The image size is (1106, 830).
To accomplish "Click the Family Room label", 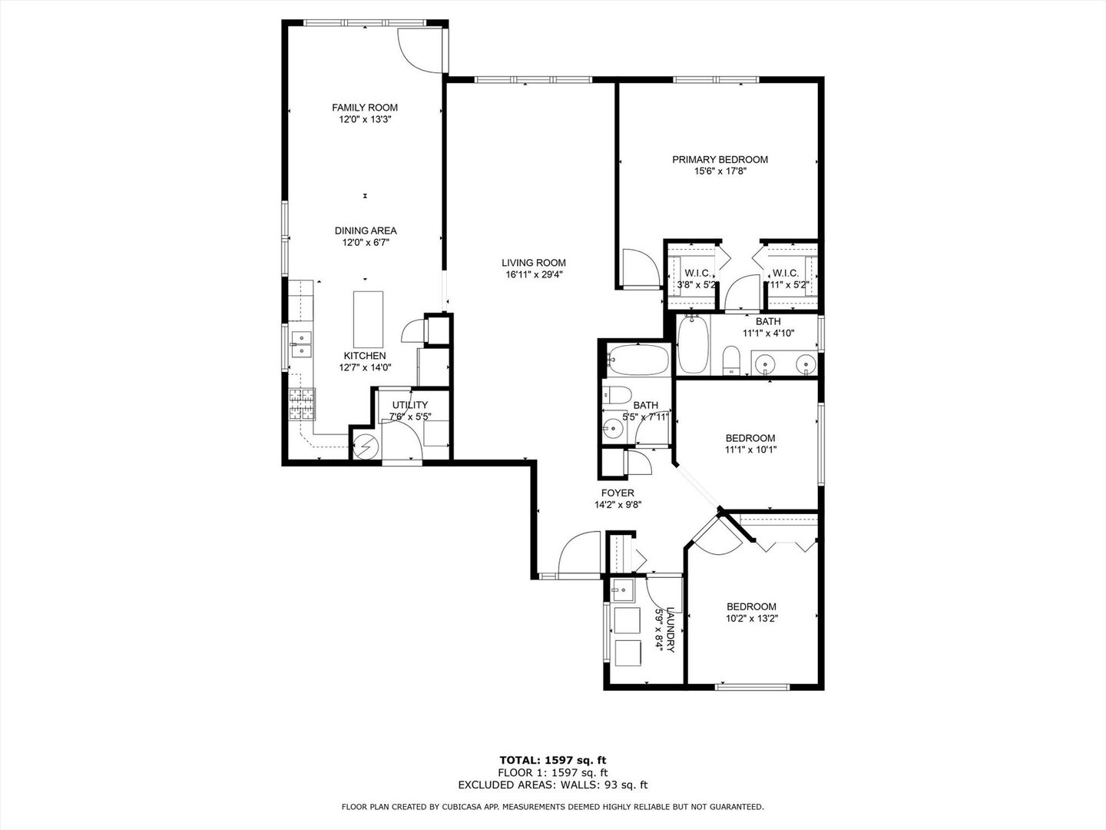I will [365, 108].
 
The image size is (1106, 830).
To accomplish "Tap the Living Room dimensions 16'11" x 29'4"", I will [535, 275].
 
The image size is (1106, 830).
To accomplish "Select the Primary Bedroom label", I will [720, 160].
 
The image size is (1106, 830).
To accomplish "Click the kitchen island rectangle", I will [368, 319].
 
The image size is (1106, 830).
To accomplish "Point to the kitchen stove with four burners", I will [302, 403].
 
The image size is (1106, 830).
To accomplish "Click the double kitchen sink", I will [301, 344].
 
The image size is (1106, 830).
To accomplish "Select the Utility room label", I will [410, 405].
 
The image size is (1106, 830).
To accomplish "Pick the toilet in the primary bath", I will [731, 359].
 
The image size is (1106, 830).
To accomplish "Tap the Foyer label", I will [618, 493].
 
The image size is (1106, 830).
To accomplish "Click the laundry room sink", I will [621, 590].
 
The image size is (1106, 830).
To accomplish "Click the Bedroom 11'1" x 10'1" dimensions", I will [750, 450].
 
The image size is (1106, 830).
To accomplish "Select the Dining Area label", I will [366, 231].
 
